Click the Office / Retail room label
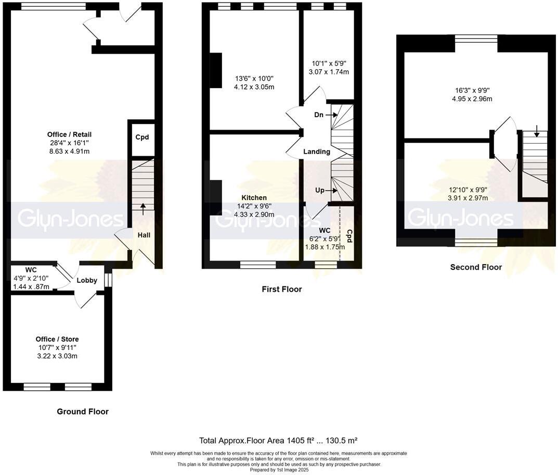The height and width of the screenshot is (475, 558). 69,134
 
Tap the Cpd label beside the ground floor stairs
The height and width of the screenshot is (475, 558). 142,137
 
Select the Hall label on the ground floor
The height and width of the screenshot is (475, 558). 144,235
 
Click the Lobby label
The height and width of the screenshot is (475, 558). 87,280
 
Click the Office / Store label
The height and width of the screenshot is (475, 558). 57,339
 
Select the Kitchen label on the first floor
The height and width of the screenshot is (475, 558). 254,198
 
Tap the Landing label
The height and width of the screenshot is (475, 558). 317,152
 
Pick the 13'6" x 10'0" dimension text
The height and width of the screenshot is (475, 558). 254,79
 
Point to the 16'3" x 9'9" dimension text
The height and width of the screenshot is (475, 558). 472,90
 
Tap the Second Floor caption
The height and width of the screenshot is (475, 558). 476,267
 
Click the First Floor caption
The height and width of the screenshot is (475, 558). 281,289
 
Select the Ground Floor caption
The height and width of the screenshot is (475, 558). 83,411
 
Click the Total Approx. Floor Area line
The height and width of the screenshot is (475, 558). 278,440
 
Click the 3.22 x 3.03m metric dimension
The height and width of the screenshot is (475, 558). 57,356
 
